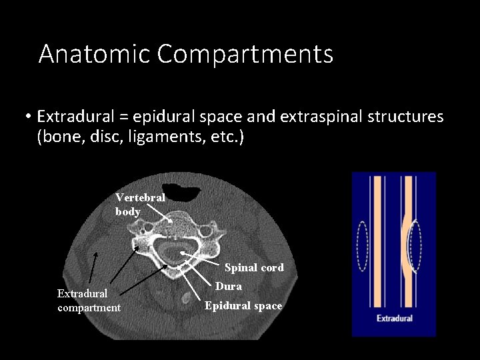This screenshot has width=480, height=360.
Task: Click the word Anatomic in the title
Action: (x=93, y=54)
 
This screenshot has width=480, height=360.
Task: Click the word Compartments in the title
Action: (x=245, y=54)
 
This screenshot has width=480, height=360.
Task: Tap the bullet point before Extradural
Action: (x=29, y=118)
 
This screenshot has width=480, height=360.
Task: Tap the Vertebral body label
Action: (x=139, y=205)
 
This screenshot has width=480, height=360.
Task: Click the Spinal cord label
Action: (x=254, y=268)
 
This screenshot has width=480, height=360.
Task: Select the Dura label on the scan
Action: (x=228, y=287)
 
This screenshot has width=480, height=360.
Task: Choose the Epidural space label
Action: (x=243, y=306)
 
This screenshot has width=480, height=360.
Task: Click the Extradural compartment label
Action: (x=89, y=300)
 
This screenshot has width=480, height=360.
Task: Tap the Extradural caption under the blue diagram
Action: (x=395, y=318)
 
